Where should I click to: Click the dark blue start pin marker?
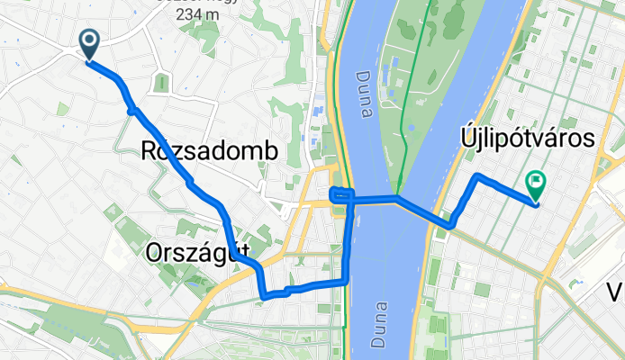(x=90, y=43)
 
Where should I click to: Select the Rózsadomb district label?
(x=208, y=150)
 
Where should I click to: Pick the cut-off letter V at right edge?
(x=617, y=292)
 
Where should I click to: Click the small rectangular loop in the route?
(x=340, y=193)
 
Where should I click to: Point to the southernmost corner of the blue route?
(x=264, y=295)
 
